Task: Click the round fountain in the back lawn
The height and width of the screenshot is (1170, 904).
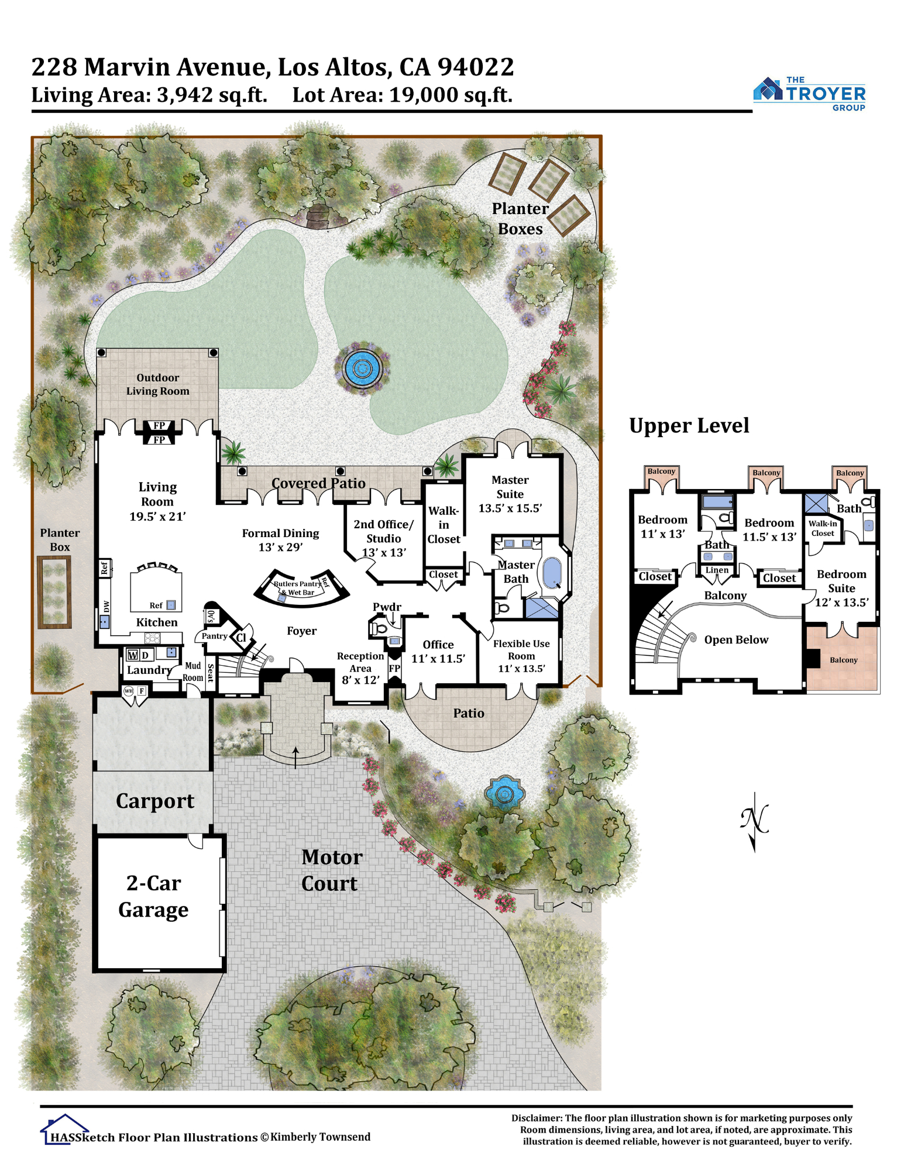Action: tap(362, 369)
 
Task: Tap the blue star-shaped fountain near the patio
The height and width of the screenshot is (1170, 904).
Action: tap(504, 793)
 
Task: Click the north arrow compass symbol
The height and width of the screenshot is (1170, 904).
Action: tap(754, 822)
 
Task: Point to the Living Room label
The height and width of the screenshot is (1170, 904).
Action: tap(157, 501)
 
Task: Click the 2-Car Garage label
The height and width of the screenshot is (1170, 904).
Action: tap(153, 896)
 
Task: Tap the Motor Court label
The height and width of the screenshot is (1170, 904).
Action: tap(332, 870)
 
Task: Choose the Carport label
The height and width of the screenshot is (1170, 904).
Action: tap(154, 801)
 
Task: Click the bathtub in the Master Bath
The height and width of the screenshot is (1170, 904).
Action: tap(552, 572)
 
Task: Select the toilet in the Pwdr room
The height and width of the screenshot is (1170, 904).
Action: tap(378, 629)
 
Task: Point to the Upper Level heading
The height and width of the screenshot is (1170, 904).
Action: tap(689, 426)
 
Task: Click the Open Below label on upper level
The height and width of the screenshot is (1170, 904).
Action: tap(736, 639)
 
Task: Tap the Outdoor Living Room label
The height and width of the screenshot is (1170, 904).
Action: tap(158, 384)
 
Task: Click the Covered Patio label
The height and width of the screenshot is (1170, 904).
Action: tap(318, 483)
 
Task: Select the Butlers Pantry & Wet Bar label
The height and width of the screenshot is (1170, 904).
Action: tap(299, 587)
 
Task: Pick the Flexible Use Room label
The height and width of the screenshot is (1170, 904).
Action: tap(521, 656)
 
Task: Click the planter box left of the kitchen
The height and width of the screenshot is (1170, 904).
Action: tap(54, 592)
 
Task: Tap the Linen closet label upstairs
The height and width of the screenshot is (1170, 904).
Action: tap(717, 570)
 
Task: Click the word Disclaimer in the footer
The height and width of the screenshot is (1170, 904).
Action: tap(537, 1118)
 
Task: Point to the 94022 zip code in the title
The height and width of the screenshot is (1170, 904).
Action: tap(476, 67)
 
